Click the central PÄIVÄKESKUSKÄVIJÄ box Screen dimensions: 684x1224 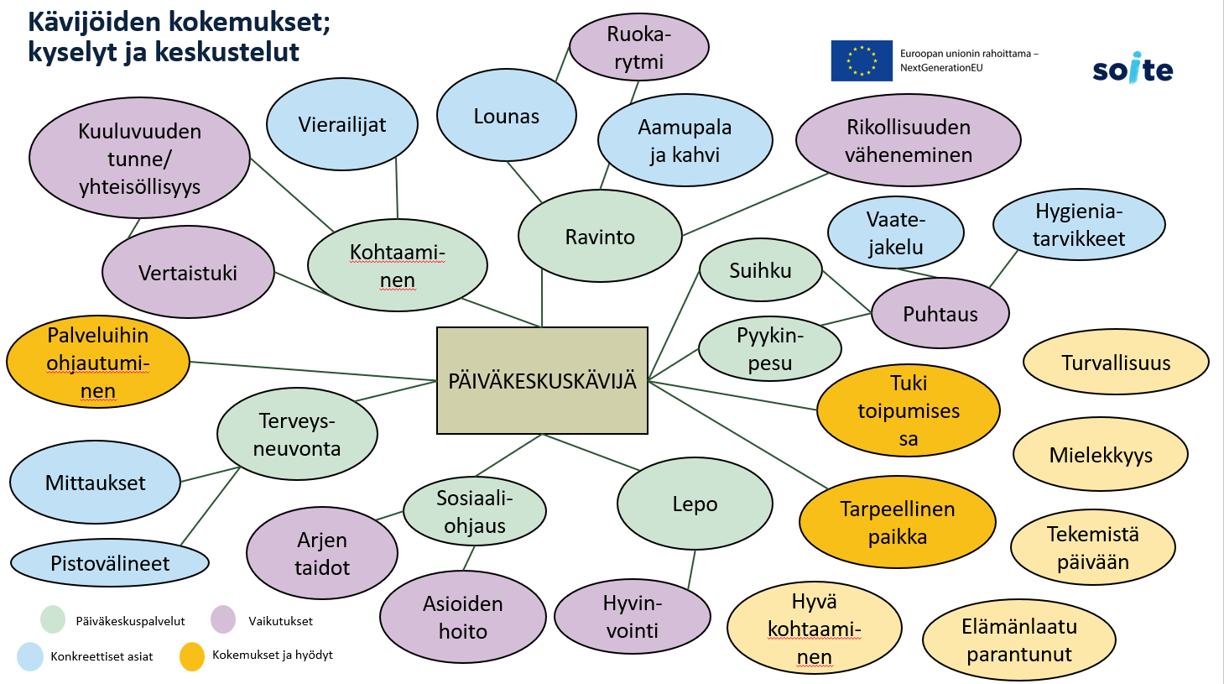pos(542,380)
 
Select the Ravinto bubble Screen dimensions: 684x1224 pos(600,237)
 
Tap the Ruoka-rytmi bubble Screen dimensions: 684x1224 pos(638,48)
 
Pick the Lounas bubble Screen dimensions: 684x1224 pos(506,116)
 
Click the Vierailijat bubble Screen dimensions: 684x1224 pos(342,124)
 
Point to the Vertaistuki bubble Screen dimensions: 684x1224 pos(188,273)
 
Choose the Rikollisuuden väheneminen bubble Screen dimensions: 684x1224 pos(908,140)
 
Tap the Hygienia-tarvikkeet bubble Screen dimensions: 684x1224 pos(1079,224)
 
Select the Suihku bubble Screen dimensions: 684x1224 pos(760,270)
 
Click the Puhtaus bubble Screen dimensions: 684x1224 pos(940,314)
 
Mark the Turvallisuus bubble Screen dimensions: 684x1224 pos(1116,363)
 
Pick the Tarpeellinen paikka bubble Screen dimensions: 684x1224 pos(897,522)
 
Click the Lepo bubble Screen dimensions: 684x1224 pos(695,504)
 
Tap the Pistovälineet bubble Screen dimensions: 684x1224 pos(110,563)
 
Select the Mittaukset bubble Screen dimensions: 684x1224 pos(95,483)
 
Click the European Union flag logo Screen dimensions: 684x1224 pos(862,60)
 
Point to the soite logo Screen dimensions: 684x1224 pos(1133,69)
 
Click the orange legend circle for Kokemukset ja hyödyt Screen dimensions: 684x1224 pos(192,656)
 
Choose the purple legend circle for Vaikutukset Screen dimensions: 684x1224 pos(223,620)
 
